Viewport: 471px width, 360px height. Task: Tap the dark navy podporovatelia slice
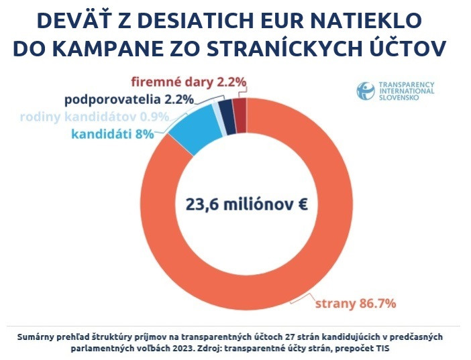point(227,108)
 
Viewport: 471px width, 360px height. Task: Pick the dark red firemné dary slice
point(240,106)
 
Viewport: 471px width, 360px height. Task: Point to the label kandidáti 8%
point(112,133)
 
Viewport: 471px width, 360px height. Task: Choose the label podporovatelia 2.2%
point(129,100)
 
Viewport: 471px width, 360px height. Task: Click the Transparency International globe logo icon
point(366,92)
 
